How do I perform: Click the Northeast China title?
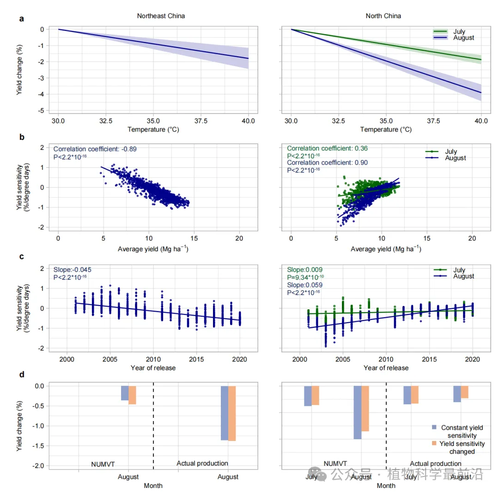click(161, 16)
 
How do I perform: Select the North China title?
click(383, 16)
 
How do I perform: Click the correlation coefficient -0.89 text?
click(95, 149)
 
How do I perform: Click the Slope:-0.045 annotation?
click(69, 270)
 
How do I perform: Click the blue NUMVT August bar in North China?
click(357, 412)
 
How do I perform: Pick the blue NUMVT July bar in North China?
click(308, 396)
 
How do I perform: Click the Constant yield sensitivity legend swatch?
click(434, 428)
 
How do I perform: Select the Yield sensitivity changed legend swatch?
click(434, 444)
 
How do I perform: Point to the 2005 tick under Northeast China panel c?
click(110, 359)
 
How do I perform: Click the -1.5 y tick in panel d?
click(38, 446)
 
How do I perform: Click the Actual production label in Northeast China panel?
click(202, 463)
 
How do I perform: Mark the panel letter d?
click(21, 374)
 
